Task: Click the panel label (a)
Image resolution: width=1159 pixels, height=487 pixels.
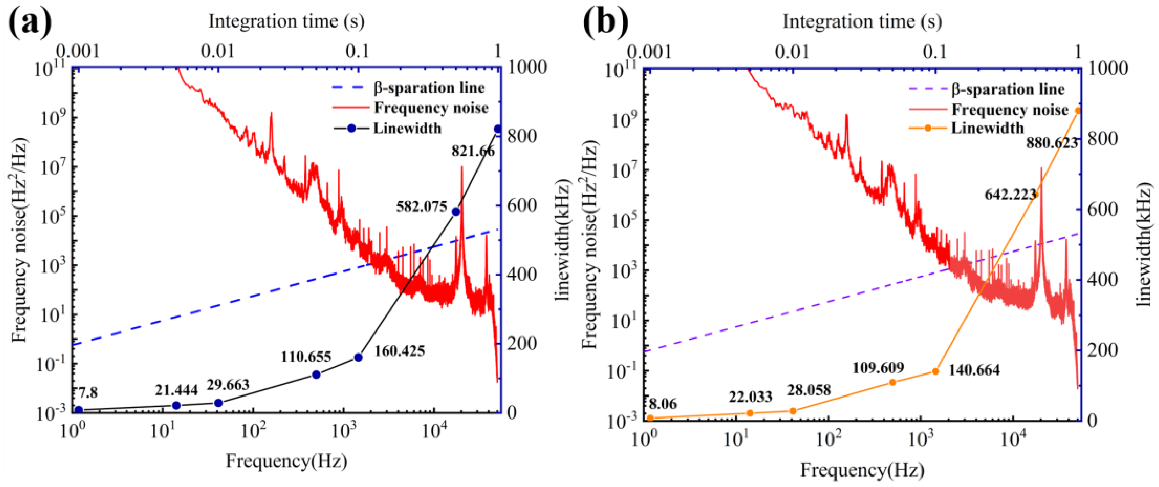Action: (x=30, y=22)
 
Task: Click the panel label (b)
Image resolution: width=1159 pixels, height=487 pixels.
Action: (x=606, y=22)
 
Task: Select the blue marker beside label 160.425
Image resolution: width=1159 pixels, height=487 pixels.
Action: (x=358, y=357)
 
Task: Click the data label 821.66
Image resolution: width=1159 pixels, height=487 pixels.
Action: (x=473, y=151)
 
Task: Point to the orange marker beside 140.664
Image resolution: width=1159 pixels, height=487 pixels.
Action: (x=935, y=371)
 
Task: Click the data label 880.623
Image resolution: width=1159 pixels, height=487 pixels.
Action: (x=1052, y=143)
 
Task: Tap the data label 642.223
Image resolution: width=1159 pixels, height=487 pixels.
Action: (x=1011, y=195)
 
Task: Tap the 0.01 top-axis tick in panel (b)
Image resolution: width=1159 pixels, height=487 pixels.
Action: (x=792, y=52)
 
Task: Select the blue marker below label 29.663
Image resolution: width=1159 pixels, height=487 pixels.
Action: (x=218, y=403)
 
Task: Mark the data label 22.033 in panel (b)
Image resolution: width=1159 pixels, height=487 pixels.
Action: (x=750, y=397)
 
